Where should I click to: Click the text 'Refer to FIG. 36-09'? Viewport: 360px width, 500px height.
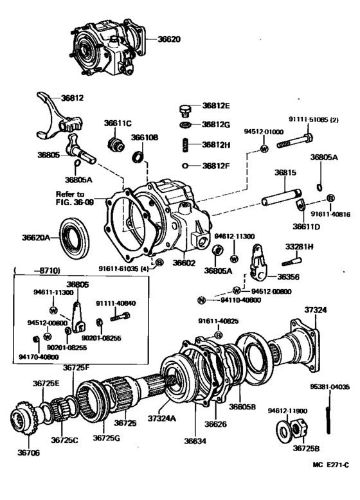click(69, 197)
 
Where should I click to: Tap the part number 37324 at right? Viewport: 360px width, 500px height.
click(315, 310)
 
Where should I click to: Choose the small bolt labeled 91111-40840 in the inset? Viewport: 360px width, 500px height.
click(120, 316)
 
